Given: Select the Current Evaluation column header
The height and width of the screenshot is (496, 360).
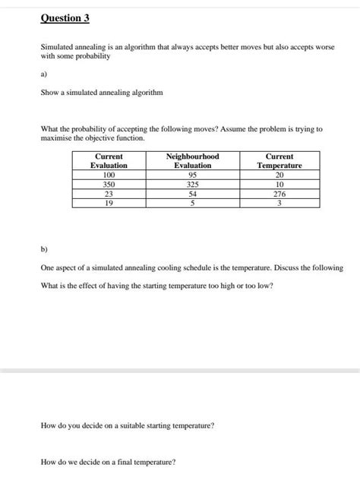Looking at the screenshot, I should (109, 160).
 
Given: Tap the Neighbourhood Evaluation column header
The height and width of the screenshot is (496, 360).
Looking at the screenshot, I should (192, 160).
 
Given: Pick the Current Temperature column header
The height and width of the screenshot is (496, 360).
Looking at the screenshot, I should (279, 160).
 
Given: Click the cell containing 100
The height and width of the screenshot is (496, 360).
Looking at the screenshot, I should (109, 175).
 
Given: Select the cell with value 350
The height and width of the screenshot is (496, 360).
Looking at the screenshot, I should (109, 184).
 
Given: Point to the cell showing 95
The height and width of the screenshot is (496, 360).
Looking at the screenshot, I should (192, 175).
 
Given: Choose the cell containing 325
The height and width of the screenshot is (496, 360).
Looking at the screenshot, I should (192, 184).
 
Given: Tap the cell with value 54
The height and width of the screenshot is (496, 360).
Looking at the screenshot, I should (192, 194).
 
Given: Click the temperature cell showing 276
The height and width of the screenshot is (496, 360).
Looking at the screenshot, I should (279, 194).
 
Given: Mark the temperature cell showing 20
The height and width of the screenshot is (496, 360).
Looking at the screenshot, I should (279, 175).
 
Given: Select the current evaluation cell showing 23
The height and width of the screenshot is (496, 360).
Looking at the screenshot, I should (109, 194).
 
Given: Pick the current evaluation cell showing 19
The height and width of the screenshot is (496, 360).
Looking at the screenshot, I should (109, 203).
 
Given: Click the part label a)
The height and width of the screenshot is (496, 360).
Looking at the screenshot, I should (44, 74).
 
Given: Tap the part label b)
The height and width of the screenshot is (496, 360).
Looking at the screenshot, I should (44, 248).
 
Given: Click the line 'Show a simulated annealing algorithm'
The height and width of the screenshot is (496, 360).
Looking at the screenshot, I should (101, 92).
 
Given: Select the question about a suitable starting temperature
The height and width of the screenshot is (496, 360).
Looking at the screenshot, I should (127, 425).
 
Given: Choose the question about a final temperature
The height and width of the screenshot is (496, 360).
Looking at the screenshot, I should (108, 461).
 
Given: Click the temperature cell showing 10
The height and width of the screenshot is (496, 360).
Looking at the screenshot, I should (279, 184).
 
